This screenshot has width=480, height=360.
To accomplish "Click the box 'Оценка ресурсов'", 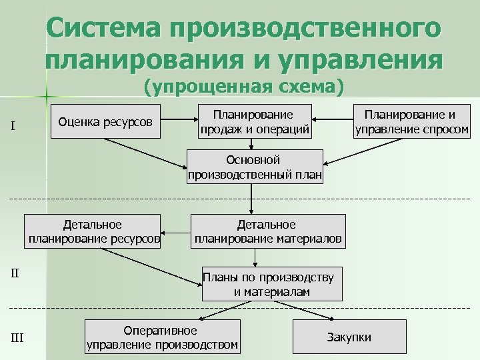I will point(105,121).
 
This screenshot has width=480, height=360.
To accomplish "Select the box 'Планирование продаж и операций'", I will point(255,121).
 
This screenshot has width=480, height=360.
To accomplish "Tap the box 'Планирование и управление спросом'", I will point(411,121).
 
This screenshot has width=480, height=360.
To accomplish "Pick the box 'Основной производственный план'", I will point(255,167).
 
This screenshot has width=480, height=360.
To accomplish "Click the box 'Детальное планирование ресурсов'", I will point(93,231).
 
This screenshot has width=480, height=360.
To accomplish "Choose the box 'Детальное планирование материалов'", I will point(268,231).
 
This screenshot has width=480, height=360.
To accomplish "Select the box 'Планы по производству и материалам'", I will point(272,285).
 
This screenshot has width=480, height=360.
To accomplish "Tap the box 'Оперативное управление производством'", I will point(162,337).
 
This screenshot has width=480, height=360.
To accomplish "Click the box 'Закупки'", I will point(349,337).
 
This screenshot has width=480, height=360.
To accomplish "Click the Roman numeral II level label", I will point(16,273).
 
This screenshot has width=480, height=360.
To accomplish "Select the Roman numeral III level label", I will point(17,338).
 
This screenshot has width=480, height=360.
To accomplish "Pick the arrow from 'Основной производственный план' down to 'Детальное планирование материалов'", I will point(252,199).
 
